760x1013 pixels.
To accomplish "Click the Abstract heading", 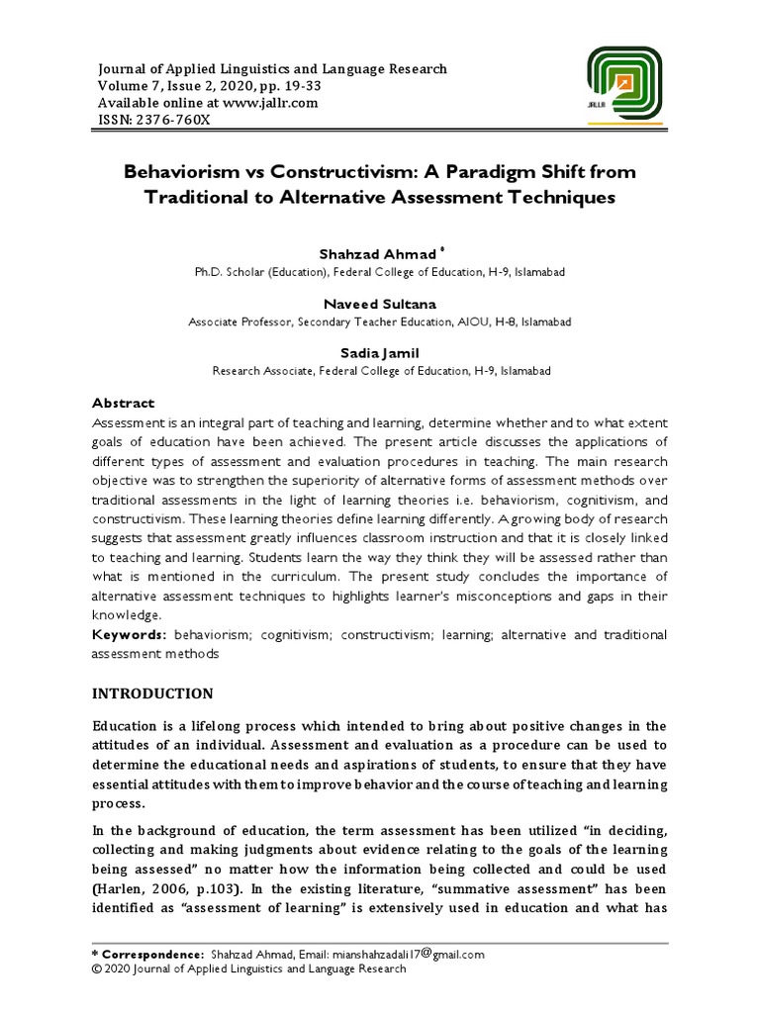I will pos(124,403).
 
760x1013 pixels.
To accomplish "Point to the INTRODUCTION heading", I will pos(152,692).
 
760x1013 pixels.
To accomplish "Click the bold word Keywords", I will pos(129,634).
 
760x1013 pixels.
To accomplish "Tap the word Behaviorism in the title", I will pos(182,172).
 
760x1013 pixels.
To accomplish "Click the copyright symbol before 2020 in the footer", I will pos(97,969).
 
